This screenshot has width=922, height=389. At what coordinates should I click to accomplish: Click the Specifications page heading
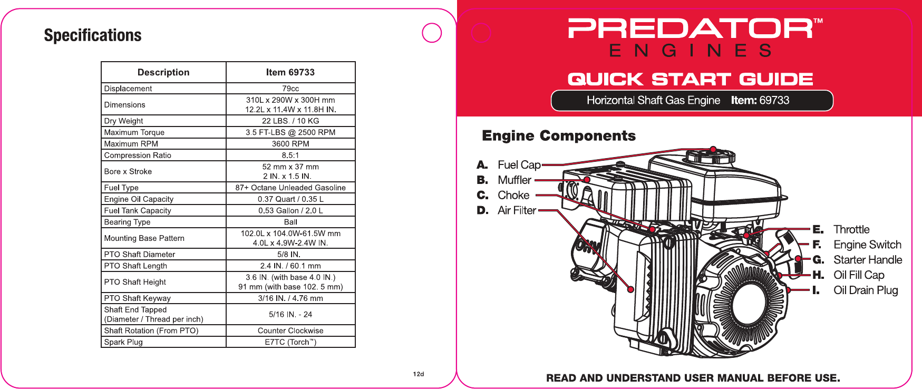(93, 35)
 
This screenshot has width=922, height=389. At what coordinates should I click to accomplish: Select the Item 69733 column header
(290, 72)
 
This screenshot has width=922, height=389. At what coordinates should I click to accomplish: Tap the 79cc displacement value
(290, 89)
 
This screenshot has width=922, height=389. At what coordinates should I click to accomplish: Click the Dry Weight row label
(123, 121)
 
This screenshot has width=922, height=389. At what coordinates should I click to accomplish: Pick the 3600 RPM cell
(290, 143)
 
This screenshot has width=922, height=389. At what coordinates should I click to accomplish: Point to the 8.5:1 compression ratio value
(290, 155)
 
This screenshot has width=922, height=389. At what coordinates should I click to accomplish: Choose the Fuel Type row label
(121, 188)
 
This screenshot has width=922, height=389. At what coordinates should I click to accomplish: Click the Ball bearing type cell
(290, 222)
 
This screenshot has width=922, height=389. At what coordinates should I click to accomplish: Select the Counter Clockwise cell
(290, 330)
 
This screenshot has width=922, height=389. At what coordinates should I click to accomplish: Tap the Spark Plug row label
(123, 342)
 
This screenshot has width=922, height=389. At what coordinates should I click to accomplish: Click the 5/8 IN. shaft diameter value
(289, 254)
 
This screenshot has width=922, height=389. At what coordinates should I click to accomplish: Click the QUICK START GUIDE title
(690, 79)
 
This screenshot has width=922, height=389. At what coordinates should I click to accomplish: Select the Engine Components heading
(559, 136)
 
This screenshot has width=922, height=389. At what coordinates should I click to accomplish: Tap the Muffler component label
(515, 180)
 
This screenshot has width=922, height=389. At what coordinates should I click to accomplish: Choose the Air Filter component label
(517, 210)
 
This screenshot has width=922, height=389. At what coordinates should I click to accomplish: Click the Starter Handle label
(868, 260)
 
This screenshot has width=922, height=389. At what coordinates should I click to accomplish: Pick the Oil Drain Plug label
(866, 290)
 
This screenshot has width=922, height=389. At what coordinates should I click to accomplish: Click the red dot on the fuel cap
(713, 149)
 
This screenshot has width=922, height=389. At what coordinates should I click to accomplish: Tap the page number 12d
(419, 374)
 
